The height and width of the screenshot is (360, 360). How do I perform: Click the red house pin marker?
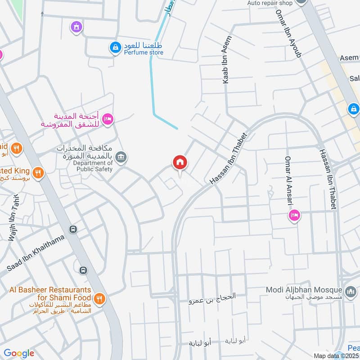point(180,163)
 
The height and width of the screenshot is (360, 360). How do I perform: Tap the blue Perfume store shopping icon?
point(116,47)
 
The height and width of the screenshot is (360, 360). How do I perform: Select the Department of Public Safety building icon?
point(121,157)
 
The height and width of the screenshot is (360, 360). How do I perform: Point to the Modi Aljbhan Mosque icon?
point(351,292)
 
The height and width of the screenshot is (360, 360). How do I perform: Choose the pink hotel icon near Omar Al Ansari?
point(295,216)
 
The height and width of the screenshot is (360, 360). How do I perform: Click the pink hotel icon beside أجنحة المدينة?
point(108,119)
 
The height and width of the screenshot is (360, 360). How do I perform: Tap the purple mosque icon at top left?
point(76,27)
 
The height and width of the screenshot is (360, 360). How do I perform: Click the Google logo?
point(19,353)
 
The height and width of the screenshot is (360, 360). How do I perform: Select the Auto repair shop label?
point(270,3)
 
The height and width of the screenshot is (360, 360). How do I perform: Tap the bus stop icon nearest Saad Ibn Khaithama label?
point(73,229)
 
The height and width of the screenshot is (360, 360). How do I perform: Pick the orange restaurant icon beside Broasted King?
point(38,172)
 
